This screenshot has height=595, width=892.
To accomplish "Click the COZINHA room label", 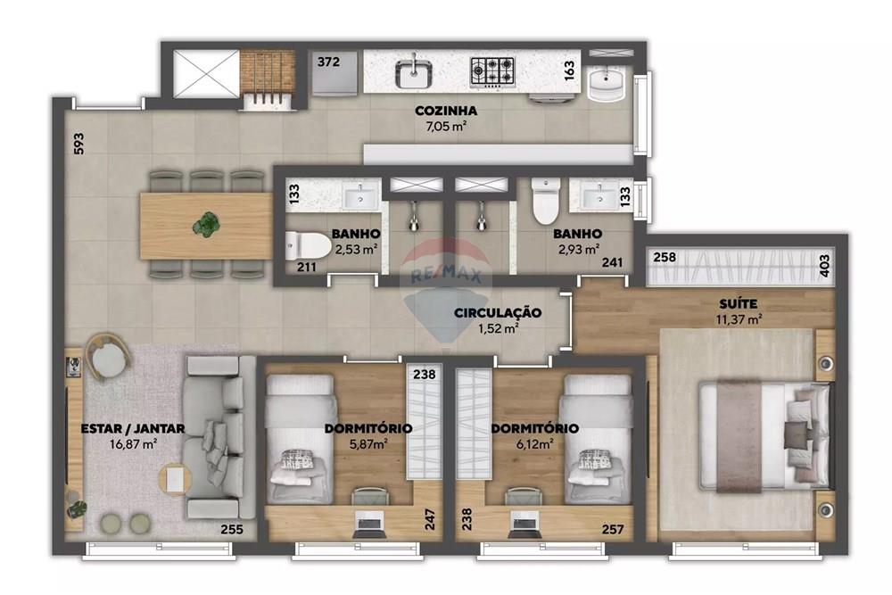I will click(446, 112).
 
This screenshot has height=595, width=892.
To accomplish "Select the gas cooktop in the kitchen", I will click(492, 69).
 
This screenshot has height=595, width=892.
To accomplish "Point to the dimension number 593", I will click(78, 145).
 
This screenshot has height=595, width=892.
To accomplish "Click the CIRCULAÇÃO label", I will click(498, 313).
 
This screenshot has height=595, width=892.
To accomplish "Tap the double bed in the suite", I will click(764, 435).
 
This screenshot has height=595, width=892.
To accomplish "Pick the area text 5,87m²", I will click(368, 443).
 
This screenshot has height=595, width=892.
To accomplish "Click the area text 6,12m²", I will click(534, 443).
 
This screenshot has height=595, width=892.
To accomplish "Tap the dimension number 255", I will click(233, 530).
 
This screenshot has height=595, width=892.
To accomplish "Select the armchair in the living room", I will click(109, 355).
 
